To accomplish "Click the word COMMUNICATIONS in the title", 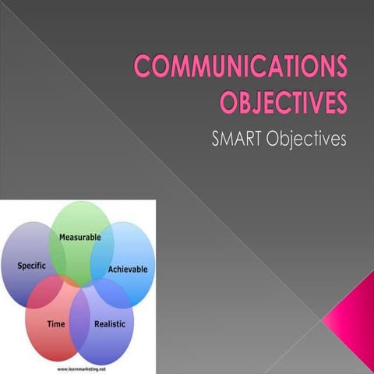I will [x=240, y=68].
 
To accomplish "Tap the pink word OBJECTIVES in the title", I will [x=284, y=103].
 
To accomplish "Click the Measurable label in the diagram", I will [x=80, y=236].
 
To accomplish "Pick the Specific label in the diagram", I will [x=32, y=266].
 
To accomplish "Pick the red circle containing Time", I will [x=47, y=335].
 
